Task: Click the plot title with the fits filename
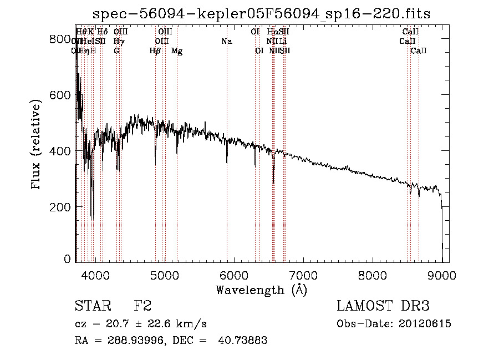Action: coord(262,13)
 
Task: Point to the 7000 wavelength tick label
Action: coord(303,274)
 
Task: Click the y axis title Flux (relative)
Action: coord(37,145)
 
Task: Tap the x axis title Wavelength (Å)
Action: coord(261,290)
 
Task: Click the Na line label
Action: coord(226,42)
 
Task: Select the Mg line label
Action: coord(177,51)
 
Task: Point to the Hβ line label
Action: coord(155,51)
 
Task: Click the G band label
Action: coord(116,51)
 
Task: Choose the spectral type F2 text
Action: coord(142,307)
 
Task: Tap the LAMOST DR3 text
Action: coord(383,307)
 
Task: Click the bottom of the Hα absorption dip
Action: coord(273,182)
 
